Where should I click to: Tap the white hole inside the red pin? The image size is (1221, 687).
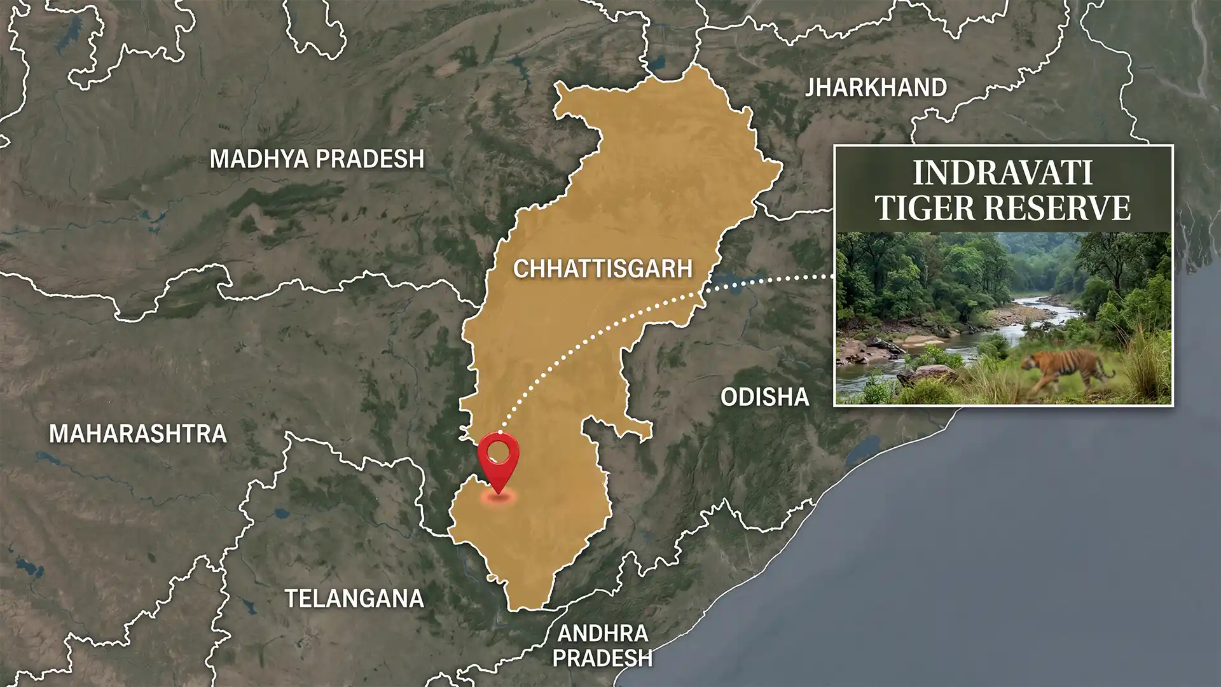tap(499, 452)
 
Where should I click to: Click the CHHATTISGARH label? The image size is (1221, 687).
tap(602, 268)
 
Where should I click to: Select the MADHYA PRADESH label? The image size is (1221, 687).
tap(317, 158)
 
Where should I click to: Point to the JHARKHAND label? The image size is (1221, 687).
tap(876, 87)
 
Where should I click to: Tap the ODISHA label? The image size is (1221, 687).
tap(764, 398)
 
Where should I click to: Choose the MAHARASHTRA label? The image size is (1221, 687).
tap(138, 434)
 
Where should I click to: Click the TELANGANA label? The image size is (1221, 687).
tap(354, 599)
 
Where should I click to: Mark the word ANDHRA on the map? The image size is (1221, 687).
tap(602, 633)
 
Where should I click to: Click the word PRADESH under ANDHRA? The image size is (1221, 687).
tap(602, 657)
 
